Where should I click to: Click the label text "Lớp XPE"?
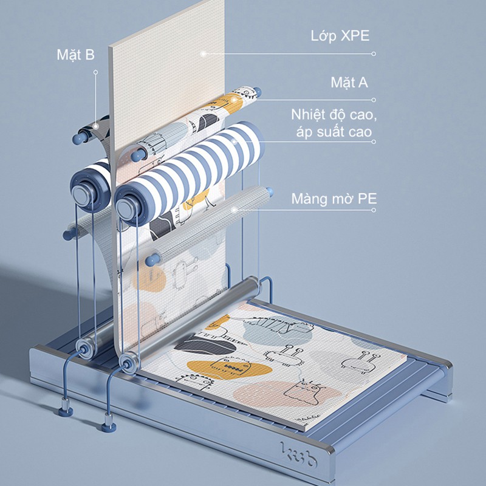[340, 36]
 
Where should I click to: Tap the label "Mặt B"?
[75, 55]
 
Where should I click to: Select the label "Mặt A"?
[349, 83]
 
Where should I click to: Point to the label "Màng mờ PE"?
[334, 199]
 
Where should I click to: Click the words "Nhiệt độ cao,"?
[334, 115]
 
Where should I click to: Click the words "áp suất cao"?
[334, 132]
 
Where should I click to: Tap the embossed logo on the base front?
[298, 454]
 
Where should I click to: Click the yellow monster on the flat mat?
[230, 368]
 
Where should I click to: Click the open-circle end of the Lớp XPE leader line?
[374, 53]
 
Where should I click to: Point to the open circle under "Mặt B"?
[96, 72]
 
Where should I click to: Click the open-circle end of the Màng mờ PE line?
[374, 210]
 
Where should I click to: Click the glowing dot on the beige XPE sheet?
[204, 53]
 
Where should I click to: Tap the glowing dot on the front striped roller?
[234, 142]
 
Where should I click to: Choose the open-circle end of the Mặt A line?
[374, 100]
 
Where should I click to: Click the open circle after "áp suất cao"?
[374, 142]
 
